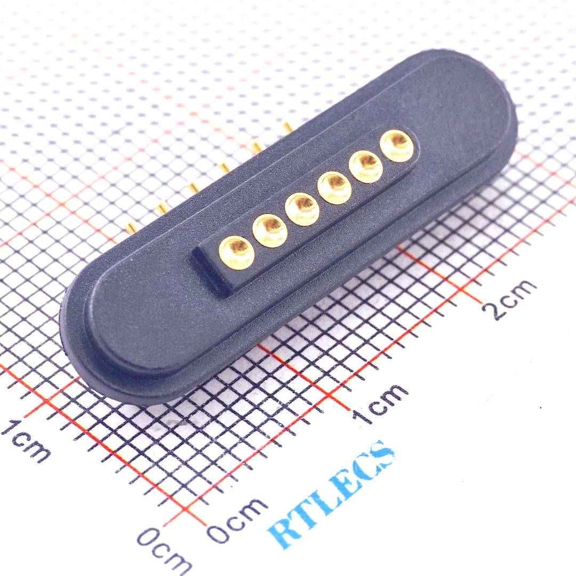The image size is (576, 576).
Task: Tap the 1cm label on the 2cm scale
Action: point(381,404)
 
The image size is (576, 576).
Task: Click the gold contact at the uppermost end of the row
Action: point(397,145)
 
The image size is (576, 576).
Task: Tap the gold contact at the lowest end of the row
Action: point(237,251)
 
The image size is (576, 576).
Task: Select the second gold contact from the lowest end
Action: point(270,230)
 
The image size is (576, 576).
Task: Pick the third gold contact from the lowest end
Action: point(302,209)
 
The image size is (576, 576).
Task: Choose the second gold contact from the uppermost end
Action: point(366,166)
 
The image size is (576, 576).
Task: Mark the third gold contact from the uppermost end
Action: point(334,187)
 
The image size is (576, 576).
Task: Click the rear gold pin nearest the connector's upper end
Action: point(287,126)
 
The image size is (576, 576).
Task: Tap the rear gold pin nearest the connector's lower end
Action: point(130,228)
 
